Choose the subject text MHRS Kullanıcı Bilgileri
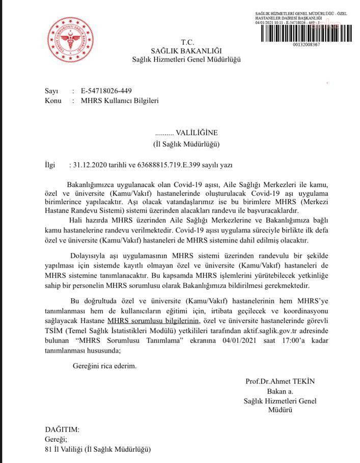[x=120, y=101]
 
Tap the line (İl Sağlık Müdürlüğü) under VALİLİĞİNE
[x=186, y=144]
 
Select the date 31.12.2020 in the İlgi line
[x=90, y=165]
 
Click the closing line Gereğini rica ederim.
[x=104, y=365]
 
